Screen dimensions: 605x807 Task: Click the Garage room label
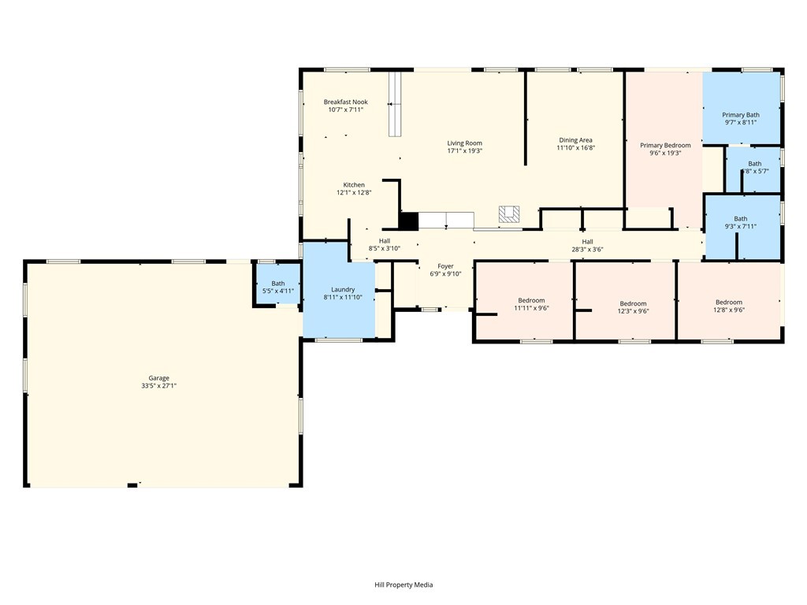[x=159, y=378]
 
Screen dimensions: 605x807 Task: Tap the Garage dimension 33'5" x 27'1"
[x=159, y=386]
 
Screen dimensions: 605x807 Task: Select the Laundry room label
[x=343, y=289]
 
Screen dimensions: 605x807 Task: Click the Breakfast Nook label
[x=345, y=102]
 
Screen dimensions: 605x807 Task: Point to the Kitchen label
[x=354, y=184]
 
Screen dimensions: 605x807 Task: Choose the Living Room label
[x=464, y=143]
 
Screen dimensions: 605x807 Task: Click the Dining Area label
[x=575, y=140]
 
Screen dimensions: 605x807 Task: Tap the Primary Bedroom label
[x=665, y=145]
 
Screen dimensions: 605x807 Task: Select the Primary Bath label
[x=741, y=115]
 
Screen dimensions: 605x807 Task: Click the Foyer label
[x=446, y=265]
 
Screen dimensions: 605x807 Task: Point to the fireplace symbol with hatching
[x=509, y=213]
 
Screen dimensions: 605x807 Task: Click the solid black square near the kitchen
[x=408, y=221]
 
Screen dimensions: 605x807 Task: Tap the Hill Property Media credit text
[x=403, y=585]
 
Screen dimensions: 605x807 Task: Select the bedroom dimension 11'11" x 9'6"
[x=531, y=308]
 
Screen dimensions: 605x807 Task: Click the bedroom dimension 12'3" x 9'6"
[x=633, y=311]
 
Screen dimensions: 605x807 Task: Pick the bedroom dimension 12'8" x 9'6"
[x=729, y=310]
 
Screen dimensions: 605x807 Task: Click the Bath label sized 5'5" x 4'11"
[x=278, y=284]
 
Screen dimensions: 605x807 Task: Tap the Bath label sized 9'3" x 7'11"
[x=741, y=219]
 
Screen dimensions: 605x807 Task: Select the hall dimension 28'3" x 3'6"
[x=587, y=250]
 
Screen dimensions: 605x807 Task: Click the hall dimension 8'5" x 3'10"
[x=385, y=249]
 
